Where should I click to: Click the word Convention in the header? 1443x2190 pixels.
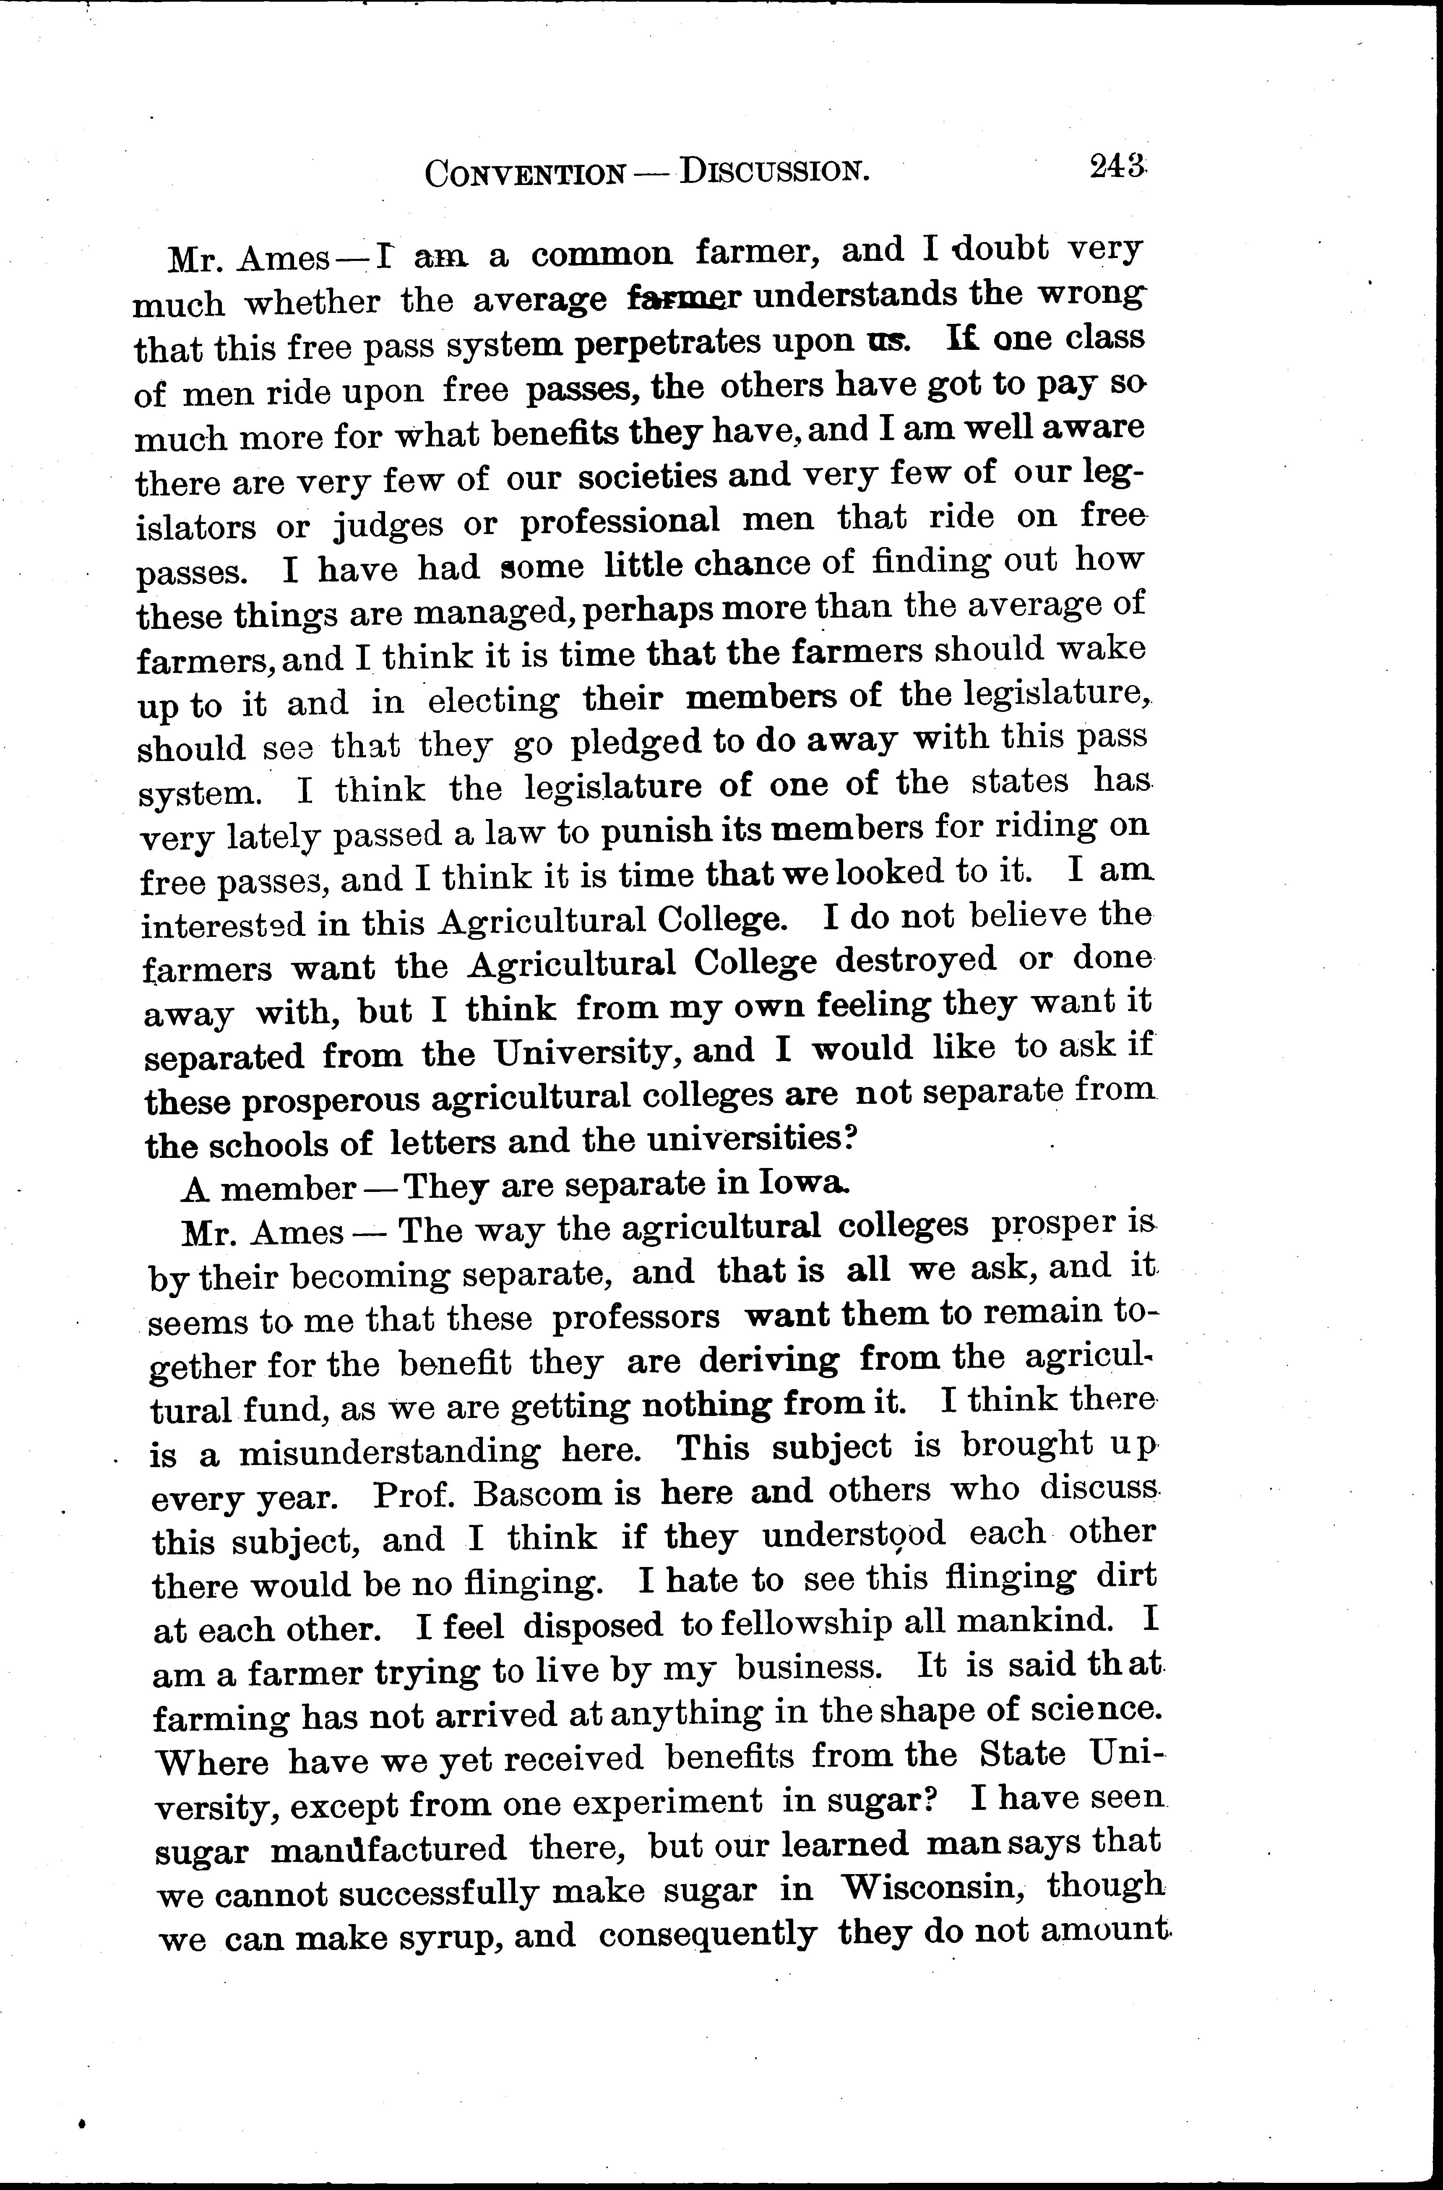(x=523, y=173)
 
